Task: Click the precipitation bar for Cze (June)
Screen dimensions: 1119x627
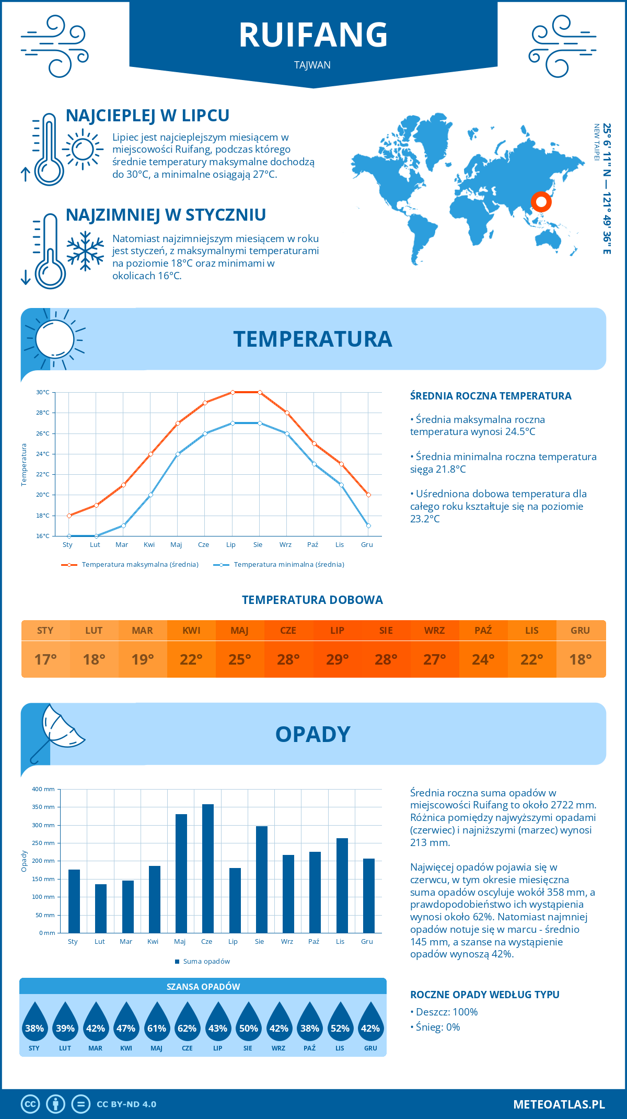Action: [208, 868]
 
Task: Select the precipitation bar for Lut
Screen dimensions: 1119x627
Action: [101, 908]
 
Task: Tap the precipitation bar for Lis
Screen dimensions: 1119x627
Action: [342, 885]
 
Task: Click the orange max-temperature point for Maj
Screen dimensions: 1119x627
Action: [178, 423]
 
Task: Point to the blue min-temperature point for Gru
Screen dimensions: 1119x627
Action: [368, 526]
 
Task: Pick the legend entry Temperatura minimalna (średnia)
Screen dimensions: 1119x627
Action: [279, 565]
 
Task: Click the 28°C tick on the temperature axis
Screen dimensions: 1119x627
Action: [43, 413]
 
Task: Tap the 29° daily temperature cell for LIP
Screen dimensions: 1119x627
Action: [337, 659]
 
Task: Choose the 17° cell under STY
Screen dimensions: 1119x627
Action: [45, 659]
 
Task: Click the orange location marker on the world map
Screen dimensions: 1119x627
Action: [541, 201]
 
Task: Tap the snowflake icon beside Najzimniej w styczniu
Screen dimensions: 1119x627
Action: [85, 251]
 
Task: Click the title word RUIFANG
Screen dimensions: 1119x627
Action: [313, 35]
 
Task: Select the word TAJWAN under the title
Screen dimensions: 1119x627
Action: [312, 65]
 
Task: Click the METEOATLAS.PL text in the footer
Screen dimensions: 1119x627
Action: [559, 1104]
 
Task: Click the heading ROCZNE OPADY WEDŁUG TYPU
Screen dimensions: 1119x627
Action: [484, 995]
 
